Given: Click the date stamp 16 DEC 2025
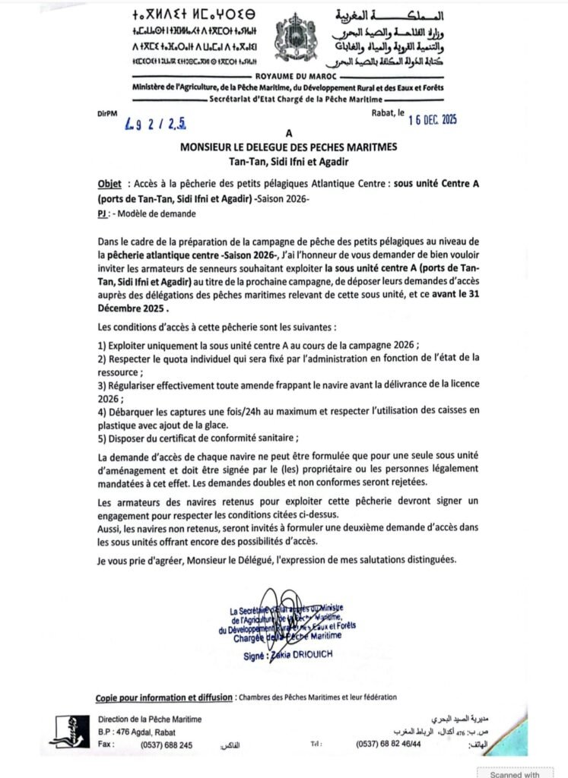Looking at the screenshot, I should tap(423, 118).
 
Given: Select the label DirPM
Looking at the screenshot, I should tap(108, 113).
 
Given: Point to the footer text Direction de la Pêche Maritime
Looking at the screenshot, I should tap(150, 719).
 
